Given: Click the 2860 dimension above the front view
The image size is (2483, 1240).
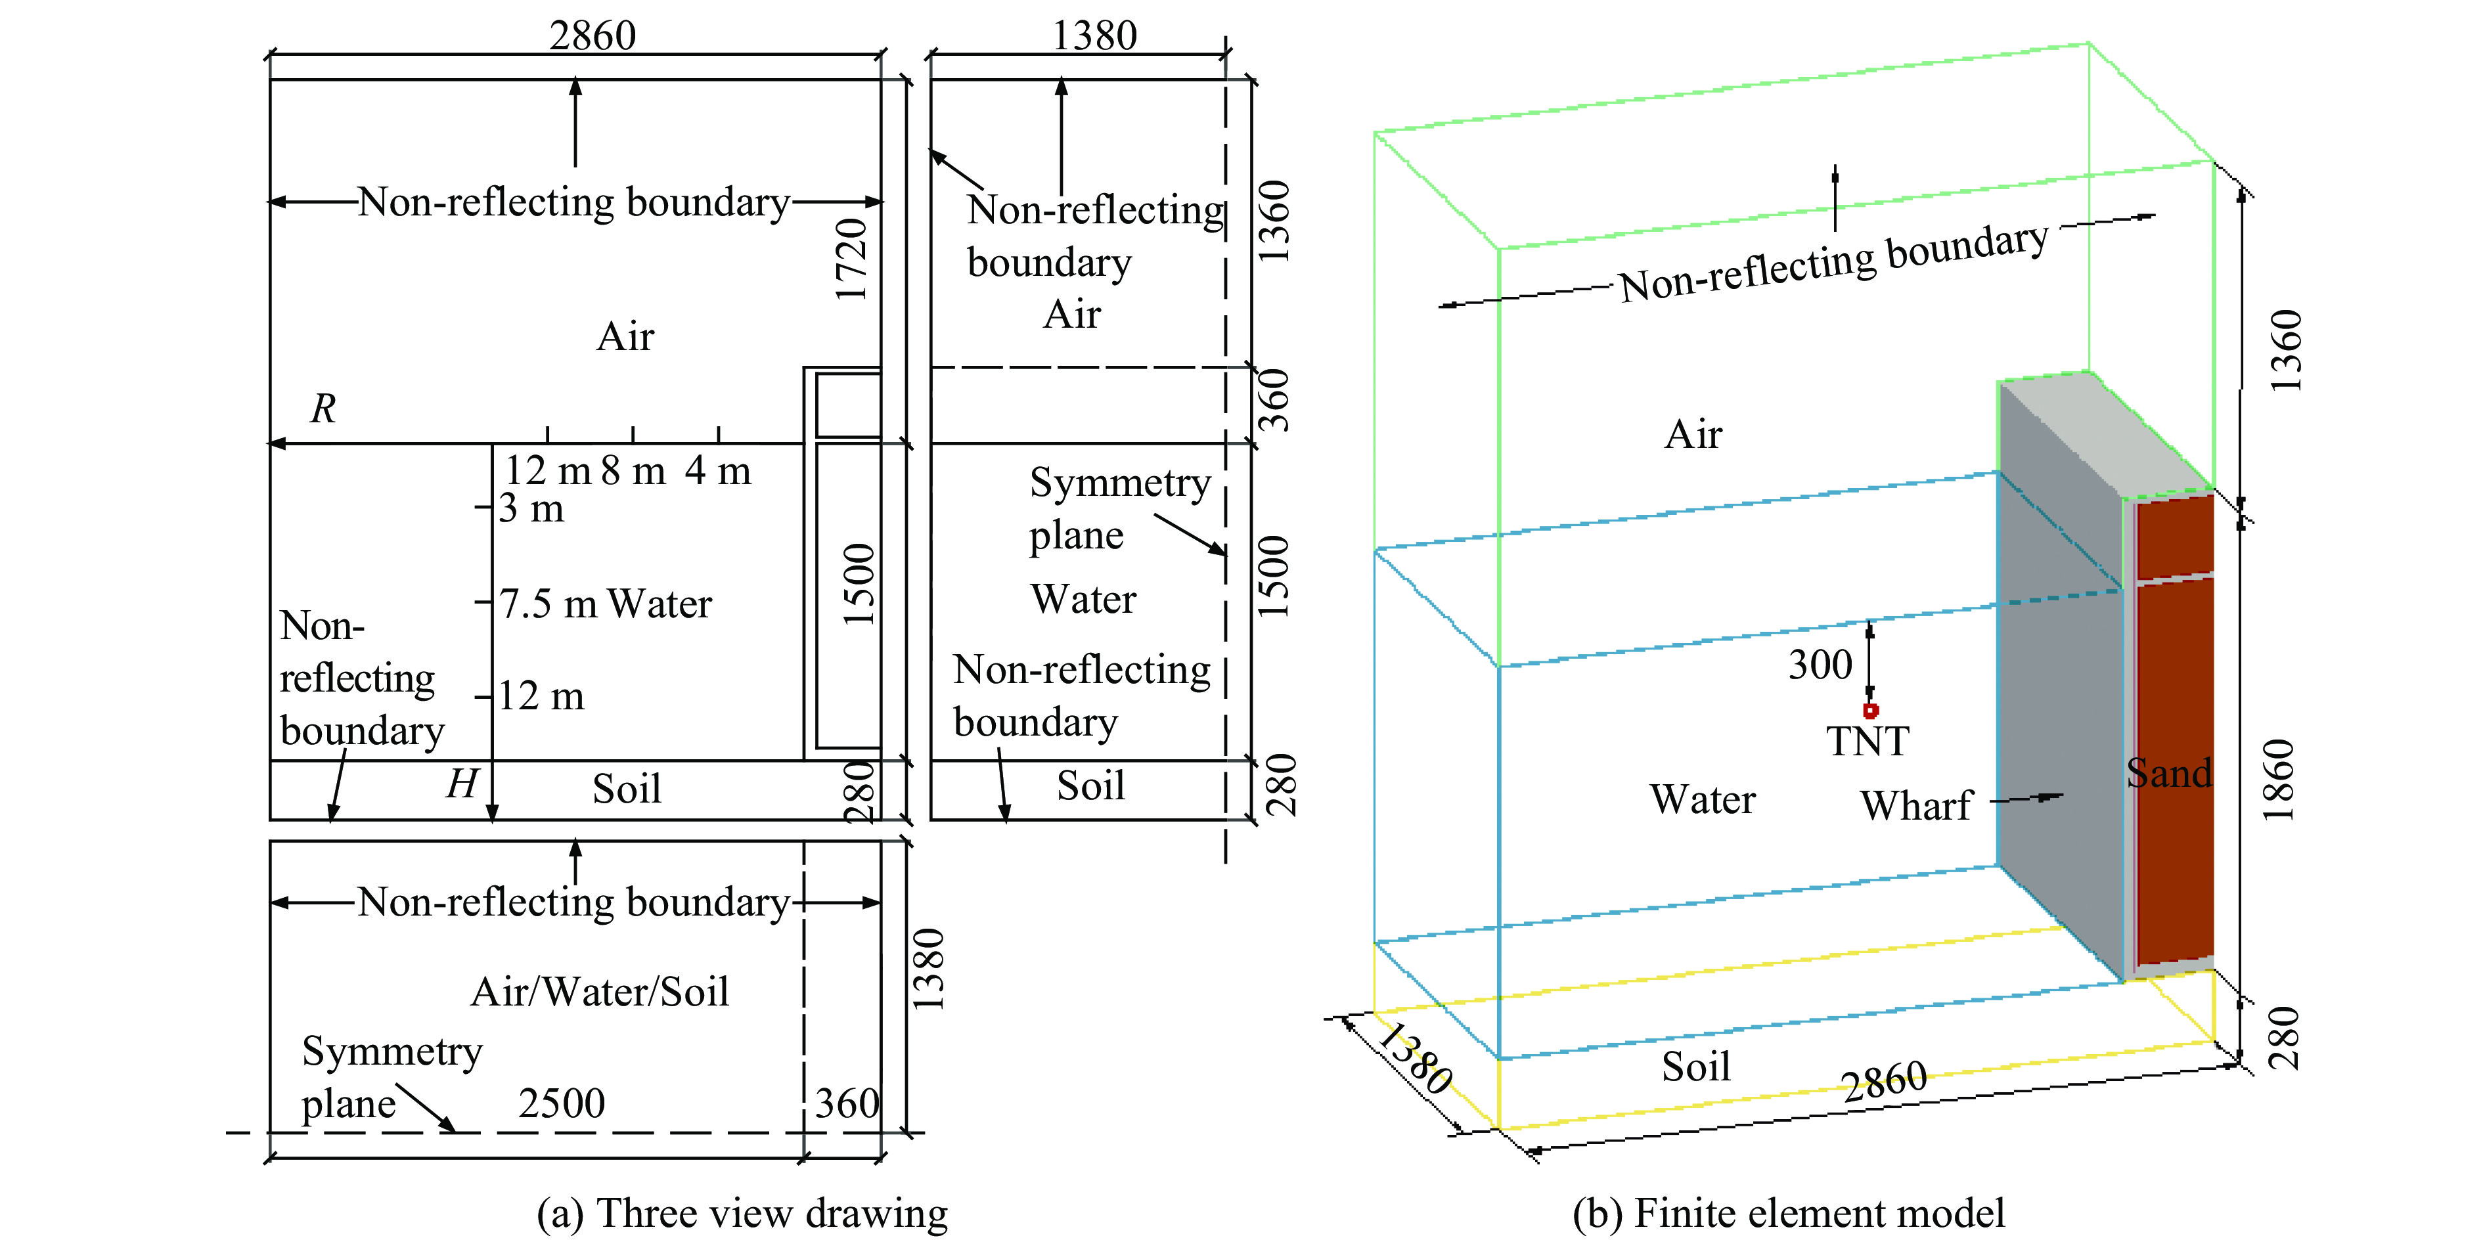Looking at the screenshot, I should [592, 37].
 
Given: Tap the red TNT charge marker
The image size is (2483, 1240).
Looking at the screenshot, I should [1870, 711].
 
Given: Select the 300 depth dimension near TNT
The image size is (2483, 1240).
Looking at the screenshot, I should [1820, 665].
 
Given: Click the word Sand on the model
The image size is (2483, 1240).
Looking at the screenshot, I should [2169, 773].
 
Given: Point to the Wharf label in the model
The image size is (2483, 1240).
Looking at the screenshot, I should [1916, 805].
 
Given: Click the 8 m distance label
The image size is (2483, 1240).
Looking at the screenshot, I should [633, 471].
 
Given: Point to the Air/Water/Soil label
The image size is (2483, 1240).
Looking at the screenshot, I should [600, 992].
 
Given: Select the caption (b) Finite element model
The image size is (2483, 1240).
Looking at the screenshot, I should [1788, 1213].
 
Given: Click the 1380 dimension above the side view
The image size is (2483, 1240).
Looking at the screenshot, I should [1094, 37].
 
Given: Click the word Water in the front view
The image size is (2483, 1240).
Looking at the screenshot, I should [660, 604].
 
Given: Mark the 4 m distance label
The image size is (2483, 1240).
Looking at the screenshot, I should [718, 471].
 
